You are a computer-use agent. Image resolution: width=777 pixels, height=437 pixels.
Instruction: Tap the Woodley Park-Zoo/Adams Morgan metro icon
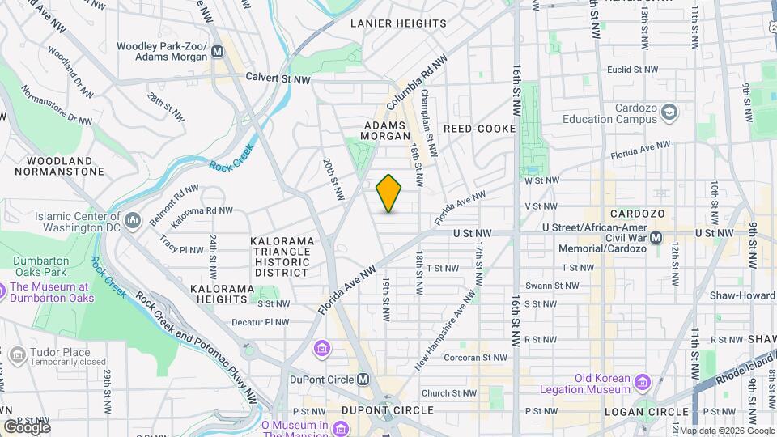click(217, 53)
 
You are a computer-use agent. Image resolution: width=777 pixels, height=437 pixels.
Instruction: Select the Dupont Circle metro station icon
click(363, 379)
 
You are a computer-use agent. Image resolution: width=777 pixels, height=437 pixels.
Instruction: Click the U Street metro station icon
click(656, 238)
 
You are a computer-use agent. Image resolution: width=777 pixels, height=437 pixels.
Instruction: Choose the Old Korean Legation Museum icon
click(643, 381)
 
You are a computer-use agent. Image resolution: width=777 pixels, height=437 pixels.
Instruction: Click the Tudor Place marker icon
click(16, 354)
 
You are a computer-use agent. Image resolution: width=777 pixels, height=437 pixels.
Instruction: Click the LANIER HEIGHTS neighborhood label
click(398, 23)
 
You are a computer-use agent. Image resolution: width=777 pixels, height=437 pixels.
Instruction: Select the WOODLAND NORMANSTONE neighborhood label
click(59, 166)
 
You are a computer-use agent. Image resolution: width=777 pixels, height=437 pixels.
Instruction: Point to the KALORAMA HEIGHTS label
click(219, 294)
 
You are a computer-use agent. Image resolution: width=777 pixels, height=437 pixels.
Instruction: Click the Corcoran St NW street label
click(475, 357)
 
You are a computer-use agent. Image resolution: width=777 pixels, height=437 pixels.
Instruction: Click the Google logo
click(26, 426)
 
